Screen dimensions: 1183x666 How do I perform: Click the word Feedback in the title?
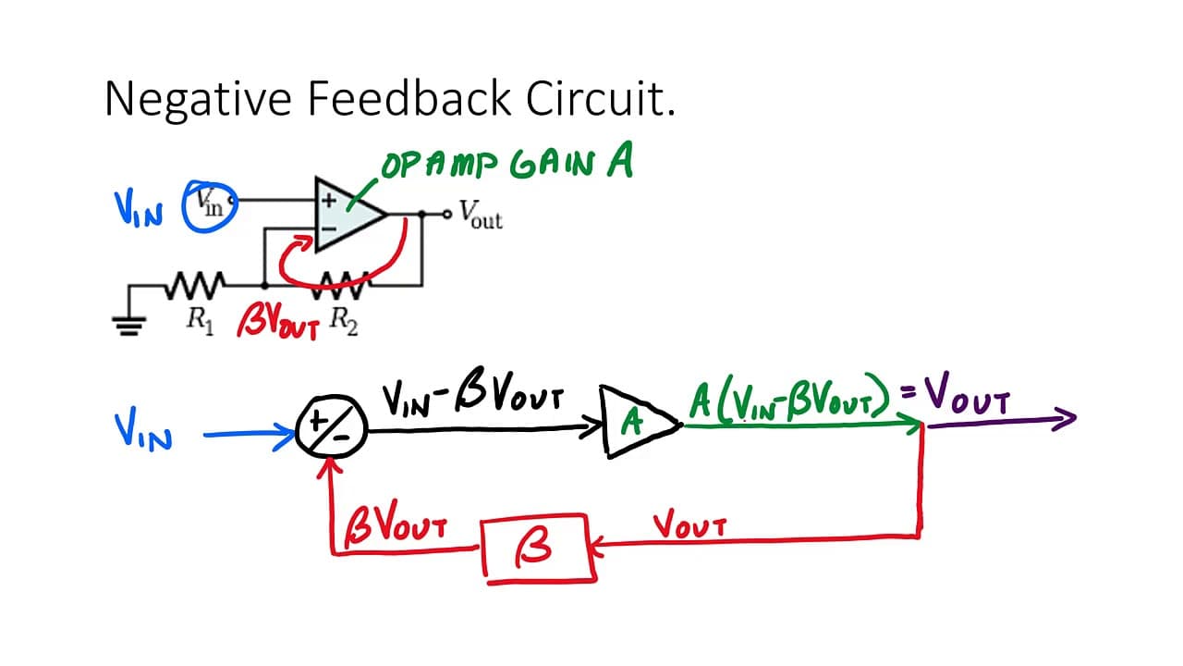(409, 98)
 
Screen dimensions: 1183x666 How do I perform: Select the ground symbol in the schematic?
(128, 326)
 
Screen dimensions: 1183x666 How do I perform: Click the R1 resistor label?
(201, 320)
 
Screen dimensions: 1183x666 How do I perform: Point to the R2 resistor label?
(343, 320)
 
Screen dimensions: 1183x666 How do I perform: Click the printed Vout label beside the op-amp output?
(481, 215)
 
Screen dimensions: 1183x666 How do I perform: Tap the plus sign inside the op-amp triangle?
(328, 201)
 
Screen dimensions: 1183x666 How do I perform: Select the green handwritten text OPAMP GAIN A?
(507, 162)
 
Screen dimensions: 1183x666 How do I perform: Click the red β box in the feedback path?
(539, 549)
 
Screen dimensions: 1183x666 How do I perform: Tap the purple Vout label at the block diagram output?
(967, 394)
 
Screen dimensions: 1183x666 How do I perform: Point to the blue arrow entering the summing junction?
(250, 434)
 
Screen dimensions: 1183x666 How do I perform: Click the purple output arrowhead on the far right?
(1064, 419)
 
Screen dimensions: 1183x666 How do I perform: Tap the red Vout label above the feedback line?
(689, 524)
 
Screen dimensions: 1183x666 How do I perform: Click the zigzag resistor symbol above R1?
(195, 286)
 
